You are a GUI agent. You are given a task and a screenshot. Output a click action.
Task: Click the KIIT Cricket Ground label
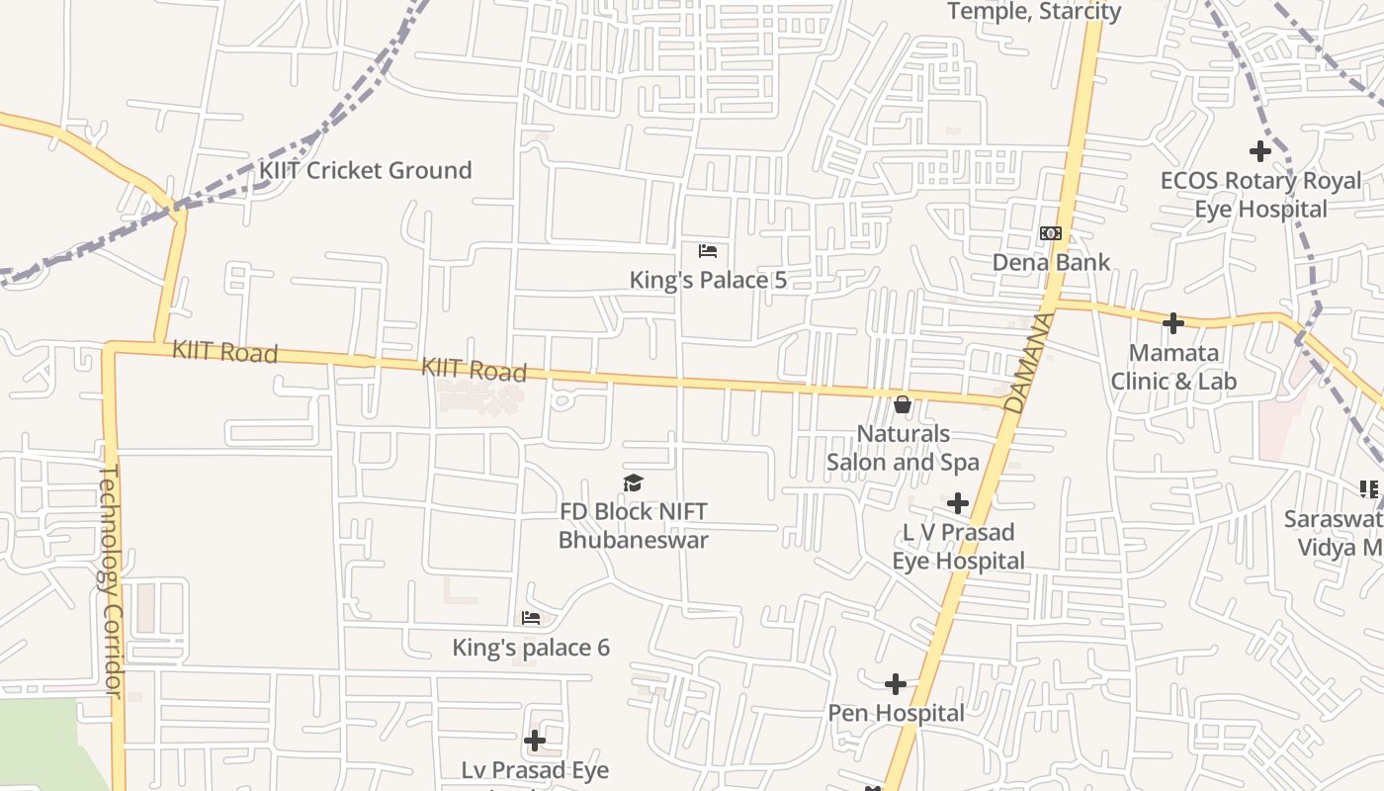365,170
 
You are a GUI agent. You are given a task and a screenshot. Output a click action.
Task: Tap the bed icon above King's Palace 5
708,251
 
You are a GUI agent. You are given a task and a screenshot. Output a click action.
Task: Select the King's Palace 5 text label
708,281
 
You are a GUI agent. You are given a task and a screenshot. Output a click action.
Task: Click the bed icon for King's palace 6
531,619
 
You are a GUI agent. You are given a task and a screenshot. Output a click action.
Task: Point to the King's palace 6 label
531,649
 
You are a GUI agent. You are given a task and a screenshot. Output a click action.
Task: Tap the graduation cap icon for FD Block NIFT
634,483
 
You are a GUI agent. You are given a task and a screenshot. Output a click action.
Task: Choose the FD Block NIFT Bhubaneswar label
634,526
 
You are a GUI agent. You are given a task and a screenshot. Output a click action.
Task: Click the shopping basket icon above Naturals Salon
903,404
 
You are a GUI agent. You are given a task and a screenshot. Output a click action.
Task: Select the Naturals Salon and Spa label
903,448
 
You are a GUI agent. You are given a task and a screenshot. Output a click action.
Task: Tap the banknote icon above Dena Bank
1051,233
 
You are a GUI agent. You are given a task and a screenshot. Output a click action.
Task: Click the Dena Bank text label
1051,263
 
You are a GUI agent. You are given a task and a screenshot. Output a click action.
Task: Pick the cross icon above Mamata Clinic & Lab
1173,323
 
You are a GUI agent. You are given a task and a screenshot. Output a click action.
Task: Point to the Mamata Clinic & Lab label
1173,367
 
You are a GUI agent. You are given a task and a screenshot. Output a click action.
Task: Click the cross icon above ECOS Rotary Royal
1260,151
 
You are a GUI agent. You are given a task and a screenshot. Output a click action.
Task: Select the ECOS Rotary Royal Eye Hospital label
1260,195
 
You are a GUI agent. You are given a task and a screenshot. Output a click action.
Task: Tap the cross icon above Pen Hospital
896,684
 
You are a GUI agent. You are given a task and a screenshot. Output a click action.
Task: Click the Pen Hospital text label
896,714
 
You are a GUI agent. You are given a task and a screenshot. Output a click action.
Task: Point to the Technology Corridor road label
111,580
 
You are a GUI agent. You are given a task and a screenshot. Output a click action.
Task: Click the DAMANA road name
1026,363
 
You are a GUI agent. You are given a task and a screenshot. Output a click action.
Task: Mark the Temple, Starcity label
1034,12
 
